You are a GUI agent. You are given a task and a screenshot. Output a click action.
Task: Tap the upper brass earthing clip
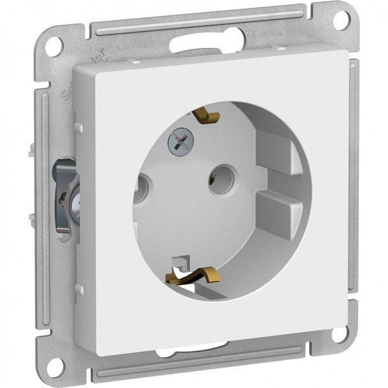(207, 116)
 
